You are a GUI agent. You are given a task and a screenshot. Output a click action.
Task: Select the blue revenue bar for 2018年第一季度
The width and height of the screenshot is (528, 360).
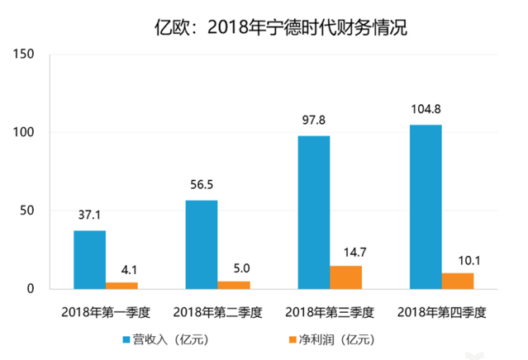[x=90, y=259]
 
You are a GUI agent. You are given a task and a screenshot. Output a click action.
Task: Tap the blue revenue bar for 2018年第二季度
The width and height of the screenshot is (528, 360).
[x=202, y=244]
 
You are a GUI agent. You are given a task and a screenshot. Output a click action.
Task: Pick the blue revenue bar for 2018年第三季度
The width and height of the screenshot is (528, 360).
[x=314, y=212]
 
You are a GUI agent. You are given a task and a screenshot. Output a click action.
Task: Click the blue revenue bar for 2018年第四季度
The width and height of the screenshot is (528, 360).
[x=426, y=206]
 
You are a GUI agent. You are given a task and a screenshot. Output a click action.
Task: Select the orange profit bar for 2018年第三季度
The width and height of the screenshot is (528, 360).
[x=346, y=277]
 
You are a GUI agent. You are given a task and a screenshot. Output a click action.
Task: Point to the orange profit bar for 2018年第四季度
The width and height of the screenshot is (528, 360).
[x=458, y=281]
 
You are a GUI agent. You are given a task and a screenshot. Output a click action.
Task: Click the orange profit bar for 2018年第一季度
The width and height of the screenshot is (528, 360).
[x=122, y=285]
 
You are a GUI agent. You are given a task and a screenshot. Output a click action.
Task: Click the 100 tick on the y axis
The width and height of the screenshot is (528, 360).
[x=23, y=133]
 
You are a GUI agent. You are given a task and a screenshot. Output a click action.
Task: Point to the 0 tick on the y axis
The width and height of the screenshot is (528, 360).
[x=29, y=289]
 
